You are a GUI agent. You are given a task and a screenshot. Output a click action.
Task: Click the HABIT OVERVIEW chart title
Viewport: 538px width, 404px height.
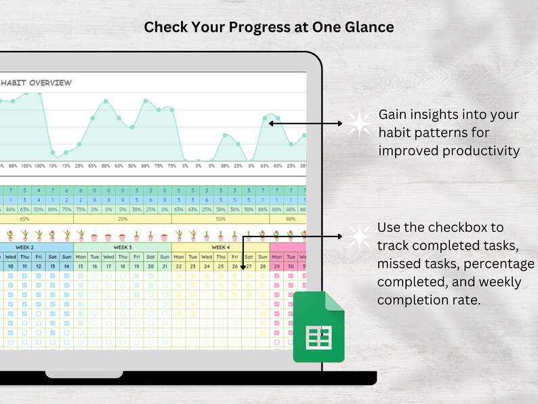37,83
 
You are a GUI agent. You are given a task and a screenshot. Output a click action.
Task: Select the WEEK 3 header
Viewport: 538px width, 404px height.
122,247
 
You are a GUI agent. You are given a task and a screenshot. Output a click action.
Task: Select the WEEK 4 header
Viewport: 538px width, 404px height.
220,247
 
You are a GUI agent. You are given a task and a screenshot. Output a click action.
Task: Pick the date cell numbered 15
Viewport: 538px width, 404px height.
80,267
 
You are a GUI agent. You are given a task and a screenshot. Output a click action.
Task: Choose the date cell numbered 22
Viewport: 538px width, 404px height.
178,267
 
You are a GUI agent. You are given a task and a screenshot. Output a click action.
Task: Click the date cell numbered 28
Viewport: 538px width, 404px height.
263,267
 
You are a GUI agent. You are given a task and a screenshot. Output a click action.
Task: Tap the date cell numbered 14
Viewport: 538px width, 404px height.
66,267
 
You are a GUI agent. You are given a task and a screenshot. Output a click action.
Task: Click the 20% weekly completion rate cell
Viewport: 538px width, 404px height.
122,219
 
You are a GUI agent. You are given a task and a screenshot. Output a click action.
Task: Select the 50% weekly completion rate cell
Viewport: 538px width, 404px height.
220,219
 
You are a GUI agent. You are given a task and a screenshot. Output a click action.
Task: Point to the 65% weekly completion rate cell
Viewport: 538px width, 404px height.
25,219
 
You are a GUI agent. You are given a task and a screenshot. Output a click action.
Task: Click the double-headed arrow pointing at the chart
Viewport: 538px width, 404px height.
306,123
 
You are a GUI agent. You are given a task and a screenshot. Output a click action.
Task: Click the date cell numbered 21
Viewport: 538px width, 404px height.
164,267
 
